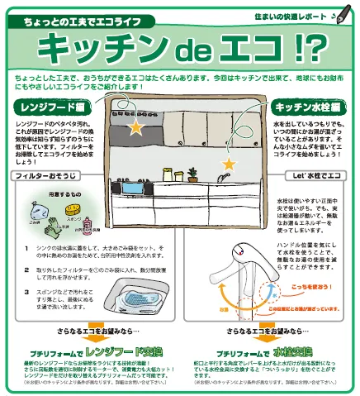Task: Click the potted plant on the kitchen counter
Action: [x=192, y=174]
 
